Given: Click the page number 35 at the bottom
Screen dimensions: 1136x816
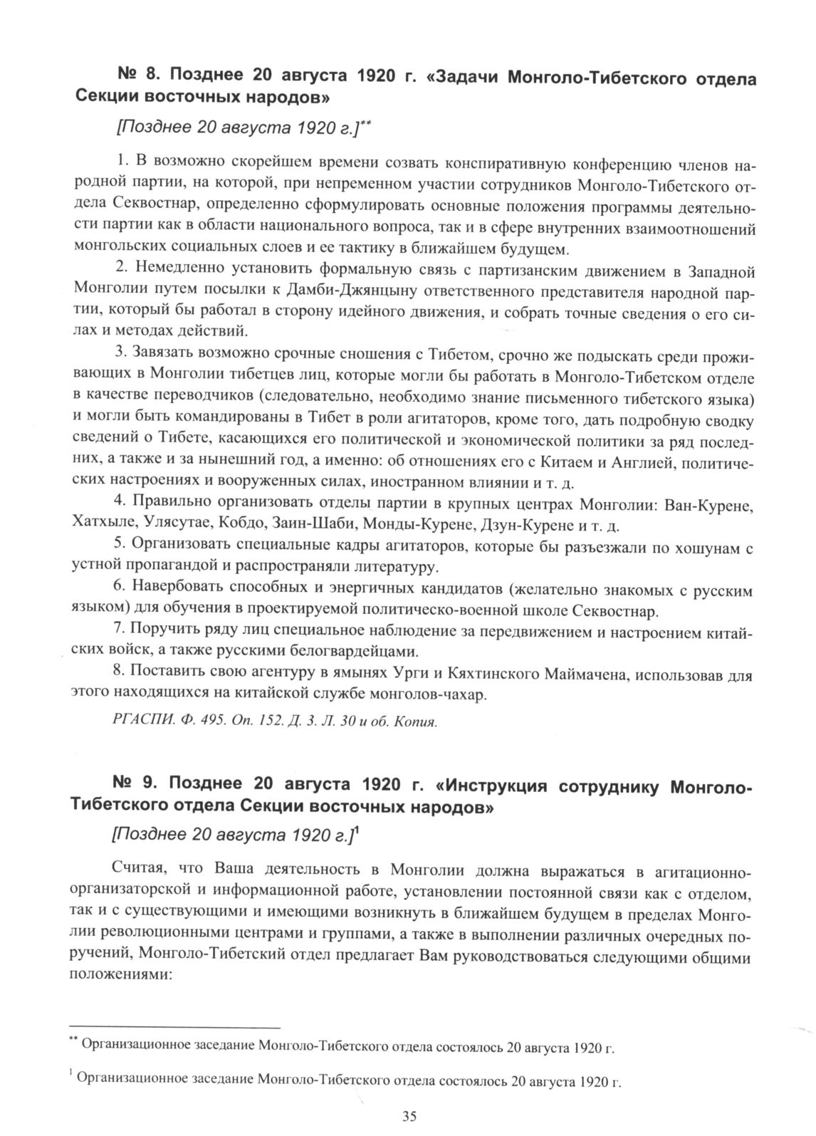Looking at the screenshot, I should (409, 1116).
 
